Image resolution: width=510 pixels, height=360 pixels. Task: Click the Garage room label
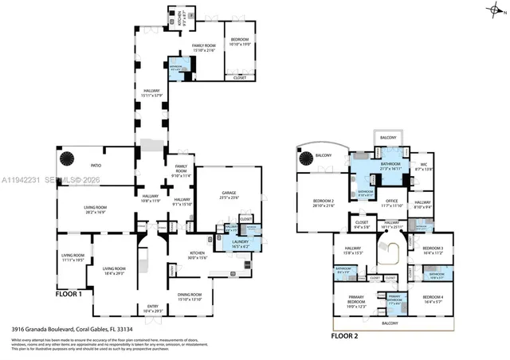pyautogui.click(x=227, y=195)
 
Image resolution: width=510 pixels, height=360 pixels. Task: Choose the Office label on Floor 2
pyautogui.click(x=391, y=202)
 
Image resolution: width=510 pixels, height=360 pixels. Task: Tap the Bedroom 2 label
pyautogui.click(x=323, y=203)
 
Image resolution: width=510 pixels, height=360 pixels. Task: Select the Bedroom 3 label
pyautogui.click(x=431, y=251)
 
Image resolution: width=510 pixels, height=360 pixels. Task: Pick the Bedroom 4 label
pyautogui.click(x=431, y=301)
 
